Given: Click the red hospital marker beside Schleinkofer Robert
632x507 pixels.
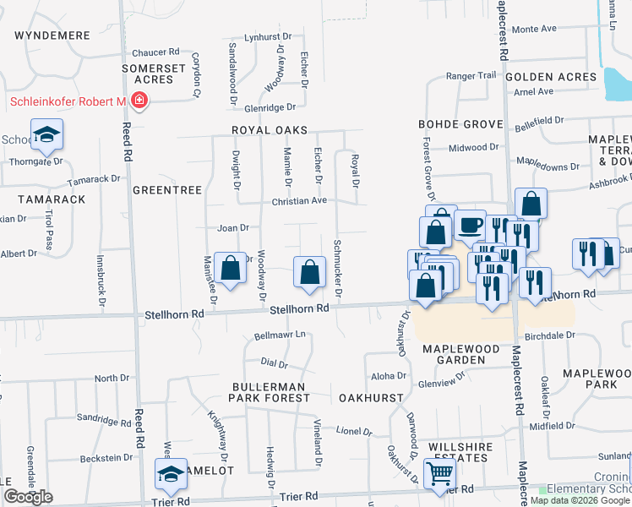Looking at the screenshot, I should [x=139, y=103].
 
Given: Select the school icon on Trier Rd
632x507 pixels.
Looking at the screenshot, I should [x=172, y=476].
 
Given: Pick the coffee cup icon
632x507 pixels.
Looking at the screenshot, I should [x=470, y=226].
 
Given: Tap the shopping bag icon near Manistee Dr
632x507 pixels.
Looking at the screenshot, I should [x=230, y=269].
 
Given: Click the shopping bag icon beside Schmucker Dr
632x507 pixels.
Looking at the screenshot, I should [x=310, y=272].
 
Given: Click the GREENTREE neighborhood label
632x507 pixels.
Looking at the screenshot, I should [x=167, y=191].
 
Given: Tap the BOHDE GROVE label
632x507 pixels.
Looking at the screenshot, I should [x=460, y=124].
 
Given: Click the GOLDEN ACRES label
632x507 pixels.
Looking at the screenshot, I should [x=551, y=77].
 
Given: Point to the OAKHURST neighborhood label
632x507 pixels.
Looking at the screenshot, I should [x=368, y=397].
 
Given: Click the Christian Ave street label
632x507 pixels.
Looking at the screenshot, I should [x=299, y=201].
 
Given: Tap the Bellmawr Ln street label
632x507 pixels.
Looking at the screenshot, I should [x=280, y=335].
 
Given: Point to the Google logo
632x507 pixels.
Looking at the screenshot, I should [x=28, y=497].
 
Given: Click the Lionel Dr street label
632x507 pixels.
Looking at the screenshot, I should [x=354, y=431].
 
